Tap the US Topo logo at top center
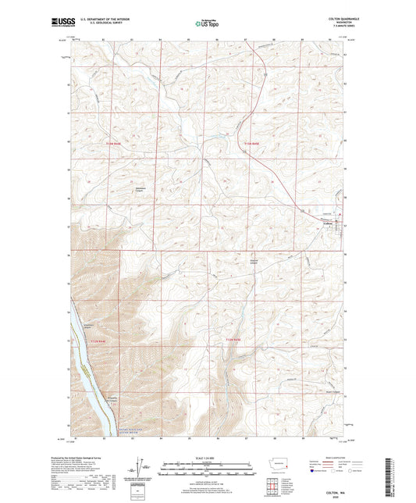click(x=205, y=25)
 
